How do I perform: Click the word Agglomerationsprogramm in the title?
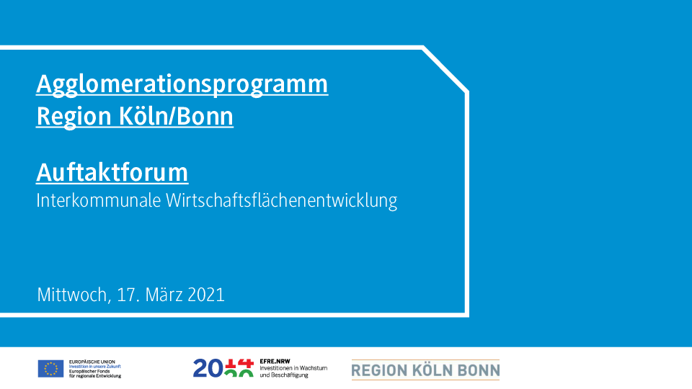182,84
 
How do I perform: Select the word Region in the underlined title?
74,117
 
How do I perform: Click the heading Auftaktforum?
112,172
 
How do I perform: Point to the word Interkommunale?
99,200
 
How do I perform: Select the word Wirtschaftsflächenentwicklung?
282,201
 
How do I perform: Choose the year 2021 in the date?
206,295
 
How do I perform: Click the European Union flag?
50,369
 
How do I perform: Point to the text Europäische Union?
92,362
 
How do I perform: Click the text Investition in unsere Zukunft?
95,367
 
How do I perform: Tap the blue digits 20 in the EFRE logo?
208,369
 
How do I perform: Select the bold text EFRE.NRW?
275,361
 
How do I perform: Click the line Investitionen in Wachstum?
293,368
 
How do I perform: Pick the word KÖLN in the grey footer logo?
432,370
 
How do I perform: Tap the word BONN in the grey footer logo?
479,370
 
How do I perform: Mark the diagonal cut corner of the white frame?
445,70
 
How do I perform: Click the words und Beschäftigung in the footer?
284,375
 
